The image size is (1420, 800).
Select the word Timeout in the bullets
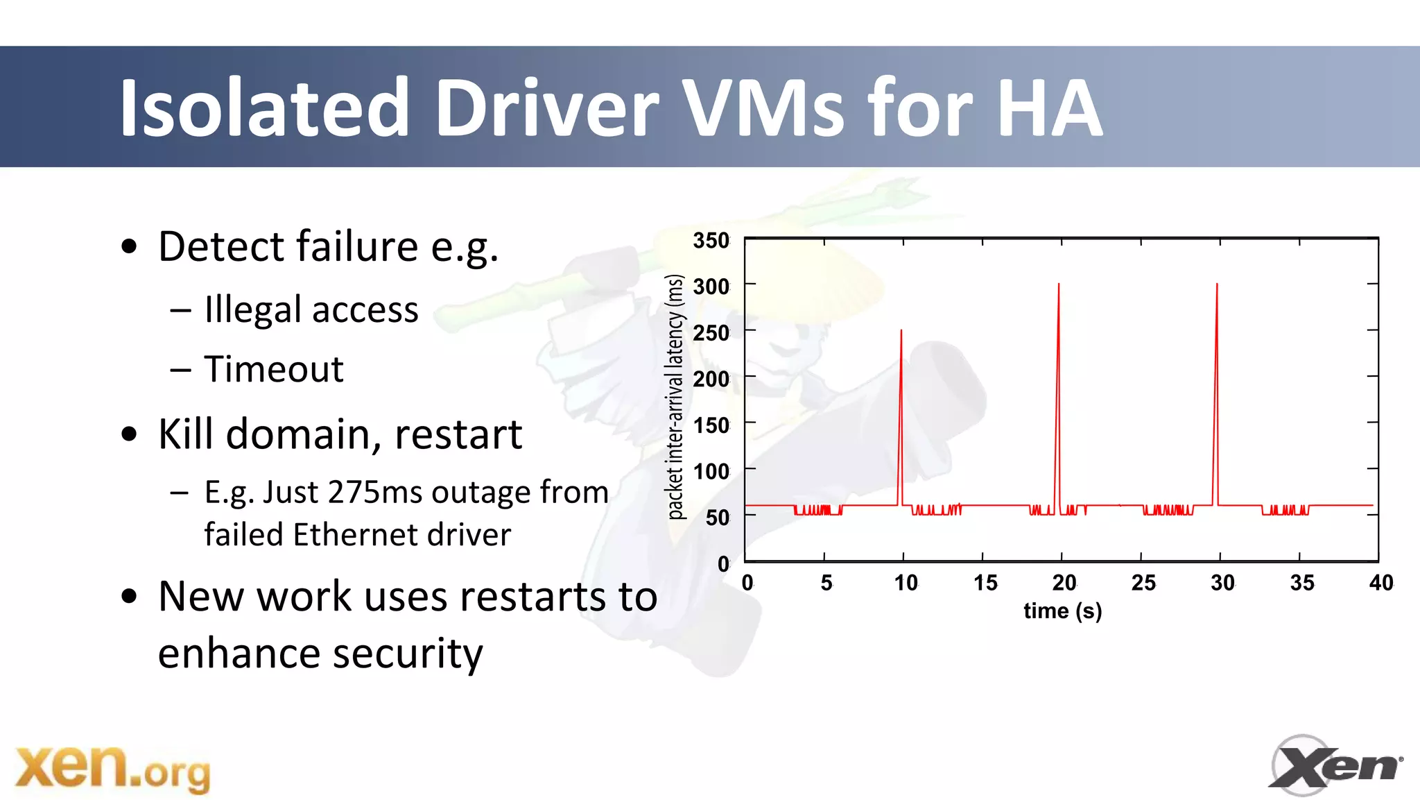coord(274,369)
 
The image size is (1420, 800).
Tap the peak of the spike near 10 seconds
coord(901,331)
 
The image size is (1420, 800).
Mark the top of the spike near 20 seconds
coord(1059,284)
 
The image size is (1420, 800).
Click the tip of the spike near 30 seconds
coord(1217,284)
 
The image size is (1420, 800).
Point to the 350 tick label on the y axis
coord(711,241)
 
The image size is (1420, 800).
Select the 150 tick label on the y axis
coord(711,425)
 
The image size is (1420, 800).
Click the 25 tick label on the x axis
coord(1143,583)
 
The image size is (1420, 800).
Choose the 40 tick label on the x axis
coord(1380,583)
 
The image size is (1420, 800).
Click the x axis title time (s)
coord(1062,611)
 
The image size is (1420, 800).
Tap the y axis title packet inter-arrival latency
coord(675,397)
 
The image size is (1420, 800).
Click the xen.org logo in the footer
coord(113,768)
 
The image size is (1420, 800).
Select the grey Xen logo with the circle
coord(1335,765)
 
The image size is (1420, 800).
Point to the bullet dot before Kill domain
coord(129,434)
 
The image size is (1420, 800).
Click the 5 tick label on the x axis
coord(826,583)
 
